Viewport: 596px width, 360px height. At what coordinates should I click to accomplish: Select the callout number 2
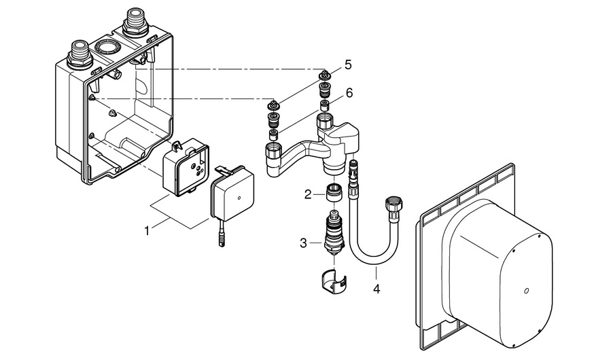click(308, 194)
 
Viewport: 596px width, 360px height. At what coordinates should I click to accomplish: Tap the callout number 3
click(306, 241)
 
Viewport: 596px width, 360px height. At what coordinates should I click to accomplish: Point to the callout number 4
click(376, 288)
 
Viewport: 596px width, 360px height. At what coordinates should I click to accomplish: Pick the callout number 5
click(348, 65)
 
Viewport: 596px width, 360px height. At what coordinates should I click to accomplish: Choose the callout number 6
click(349, 92)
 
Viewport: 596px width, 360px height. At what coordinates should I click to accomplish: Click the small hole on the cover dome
click(526, 293)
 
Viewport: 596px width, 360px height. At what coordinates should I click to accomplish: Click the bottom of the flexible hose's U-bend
click(370, 263)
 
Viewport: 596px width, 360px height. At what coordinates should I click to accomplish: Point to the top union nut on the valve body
click(326, 125)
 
